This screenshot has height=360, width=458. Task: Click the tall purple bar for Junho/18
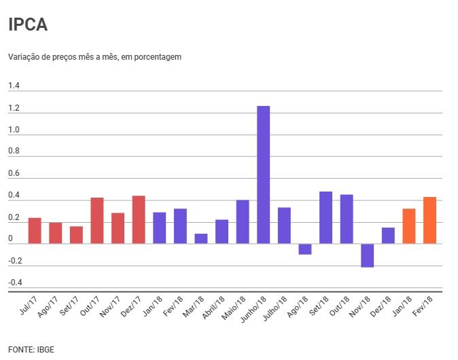pos(263,175)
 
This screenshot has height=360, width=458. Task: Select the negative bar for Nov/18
pos(367,255)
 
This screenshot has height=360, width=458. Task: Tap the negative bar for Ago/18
pos(304,249)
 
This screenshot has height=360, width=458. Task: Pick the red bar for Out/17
pos(96,221)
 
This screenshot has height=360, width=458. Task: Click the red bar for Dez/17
pos(139,220)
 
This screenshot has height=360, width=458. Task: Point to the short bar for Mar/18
pos(200,238)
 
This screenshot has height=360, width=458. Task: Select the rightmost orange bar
pos(429,220)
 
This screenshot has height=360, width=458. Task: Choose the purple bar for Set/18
pos(325,217)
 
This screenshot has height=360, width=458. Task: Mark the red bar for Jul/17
pos(35,231)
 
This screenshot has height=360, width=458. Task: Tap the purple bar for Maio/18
pos(243,222)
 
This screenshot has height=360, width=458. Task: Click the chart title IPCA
pos(27,26)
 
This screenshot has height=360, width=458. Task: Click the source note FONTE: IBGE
pos(31,349)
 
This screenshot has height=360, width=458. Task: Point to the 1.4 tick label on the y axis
pos(14,86)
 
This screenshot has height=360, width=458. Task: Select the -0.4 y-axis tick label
pos(15,283)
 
